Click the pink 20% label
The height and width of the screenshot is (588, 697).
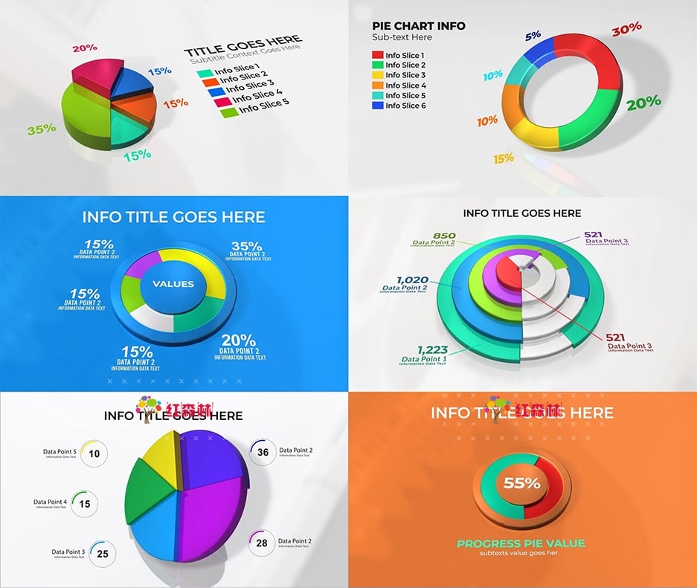click(84, 48)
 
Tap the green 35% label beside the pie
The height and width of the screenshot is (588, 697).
click(42, 129)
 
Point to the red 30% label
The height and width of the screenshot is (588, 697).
click(626, 30)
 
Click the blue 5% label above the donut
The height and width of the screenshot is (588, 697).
click(533, 36)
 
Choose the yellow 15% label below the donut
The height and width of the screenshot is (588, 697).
click(504, 158)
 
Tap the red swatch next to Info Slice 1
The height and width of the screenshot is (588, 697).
click(378, 55)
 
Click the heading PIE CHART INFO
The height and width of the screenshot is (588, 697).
click(419, 25)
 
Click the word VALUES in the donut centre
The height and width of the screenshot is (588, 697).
click(173, 283)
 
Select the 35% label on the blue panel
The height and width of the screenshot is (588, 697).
click(246, 246)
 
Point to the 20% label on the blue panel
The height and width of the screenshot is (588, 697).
click(239, 340)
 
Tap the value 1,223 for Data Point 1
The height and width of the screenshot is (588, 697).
click(433, 350)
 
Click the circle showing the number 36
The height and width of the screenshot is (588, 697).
click(263, 452)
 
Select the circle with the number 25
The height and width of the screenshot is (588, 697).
click(103, 554)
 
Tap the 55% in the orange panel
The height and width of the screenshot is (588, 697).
click(521, 482)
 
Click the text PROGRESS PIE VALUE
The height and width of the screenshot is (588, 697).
click(521, 543)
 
